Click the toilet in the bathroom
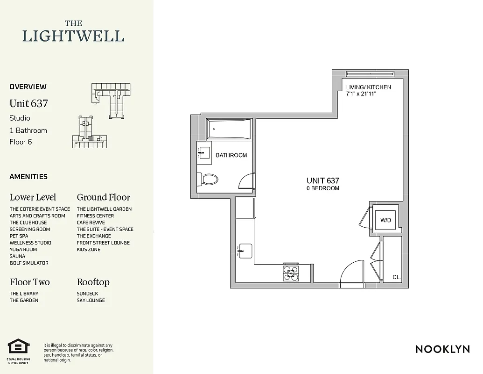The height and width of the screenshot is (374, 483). click(x=208, y=180)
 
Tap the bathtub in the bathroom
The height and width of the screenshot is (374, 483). click(x=229, y=129)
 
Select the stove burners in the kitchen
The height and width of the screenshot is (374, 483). click(x=291, y=273)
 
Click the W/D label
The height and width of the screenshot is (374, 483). click(x=386, y=220)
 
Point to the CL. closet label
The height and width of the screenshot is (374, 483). click(x=397, y=277)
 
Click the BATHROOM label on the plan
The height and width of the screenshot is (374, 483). click(x=231, y=155)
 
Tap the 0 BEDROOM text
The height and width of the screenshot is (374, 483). click(x=323, y=188)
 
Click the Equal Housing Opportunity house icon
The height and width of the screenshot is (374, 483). click(x=19, y=347)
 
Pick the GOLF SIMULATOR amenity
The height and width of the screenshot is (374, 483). click(x=29, y=263)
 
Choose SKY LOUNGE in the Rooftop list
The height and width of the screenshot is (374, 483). click(x=91, y=300)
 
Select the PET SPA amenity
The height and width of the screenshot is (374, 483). click(x=19, y=236)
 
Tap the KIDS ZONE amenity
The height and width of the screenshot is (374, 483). click(x=89, y=250)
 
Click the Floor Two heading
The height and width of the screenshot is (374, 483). click(x=29, y=282)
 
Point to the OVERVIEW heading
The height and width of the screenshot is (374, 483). click(x=28, y=86)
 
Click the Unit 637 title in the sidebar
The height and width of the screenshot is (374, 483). click(x=28, y=103)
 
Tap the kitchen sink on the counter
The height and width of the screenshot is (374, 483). click(x=245, y=251)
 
